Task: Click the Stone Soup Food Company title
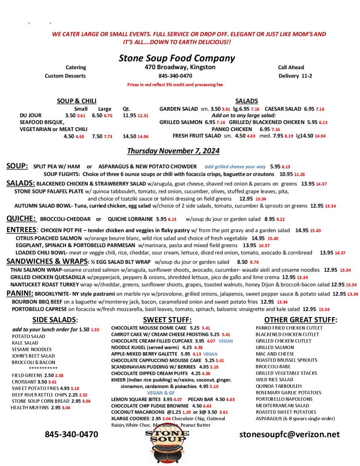point(177,58)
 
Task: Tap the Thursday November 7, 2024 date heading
point(173,151)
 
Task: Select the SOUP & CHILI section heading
point(76,101)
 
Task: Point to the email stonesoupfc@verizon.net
point(289,434)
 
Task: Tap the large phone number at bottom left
point(71,434)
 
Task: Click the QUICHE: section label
point(21,218)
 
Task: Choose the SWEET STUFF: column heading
point(167,320)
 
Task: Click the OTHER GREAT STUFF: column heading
point(300,320)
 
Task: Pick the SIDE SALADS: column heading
point(55,320)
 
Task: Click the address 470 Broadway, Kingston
point(177,67)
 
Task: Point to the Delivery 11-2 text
point(295,76)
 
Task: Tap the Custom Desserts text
point(65,76)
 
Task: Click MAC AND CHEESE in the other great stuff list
point(275,354)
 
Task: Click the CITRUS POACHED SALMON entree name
point(49,238)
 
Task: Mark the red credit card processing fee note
point(175,85)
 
